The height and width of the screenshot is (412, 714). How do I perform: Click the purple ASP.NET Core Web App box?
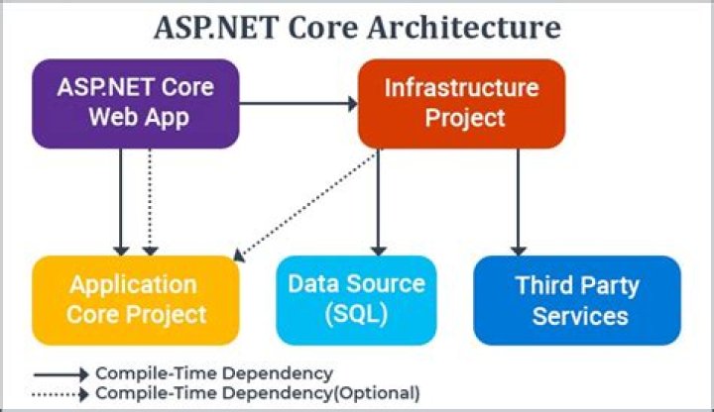point(137,103)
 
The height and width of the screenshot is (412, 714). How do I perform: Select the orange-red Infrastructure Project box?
point(461,103)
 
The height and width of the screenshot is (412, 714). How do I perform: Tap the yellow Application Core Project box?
point(137,300)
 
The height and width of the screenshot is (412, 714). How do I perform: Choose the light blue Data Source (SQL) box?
point(356,300)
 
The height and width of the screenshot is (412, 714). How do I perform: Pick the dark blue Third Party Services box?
point(577,300)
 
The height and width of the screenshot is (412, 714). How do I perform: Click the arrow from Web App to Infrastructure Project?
point(297,103)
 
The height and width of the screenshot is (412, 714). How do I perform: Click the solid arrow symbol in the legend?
point(61,374)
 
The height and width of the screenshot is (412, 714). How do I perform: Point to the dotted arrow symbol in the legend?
point(61,393)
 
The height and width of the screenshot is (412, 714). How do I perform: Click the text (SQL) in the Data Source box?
point(356,316)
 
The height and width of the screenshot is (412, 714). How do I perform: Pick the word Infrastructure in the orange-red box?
point(461,87)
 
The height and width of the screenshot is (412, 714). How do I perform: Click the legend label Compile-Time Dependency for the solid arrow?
point(213,374)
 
